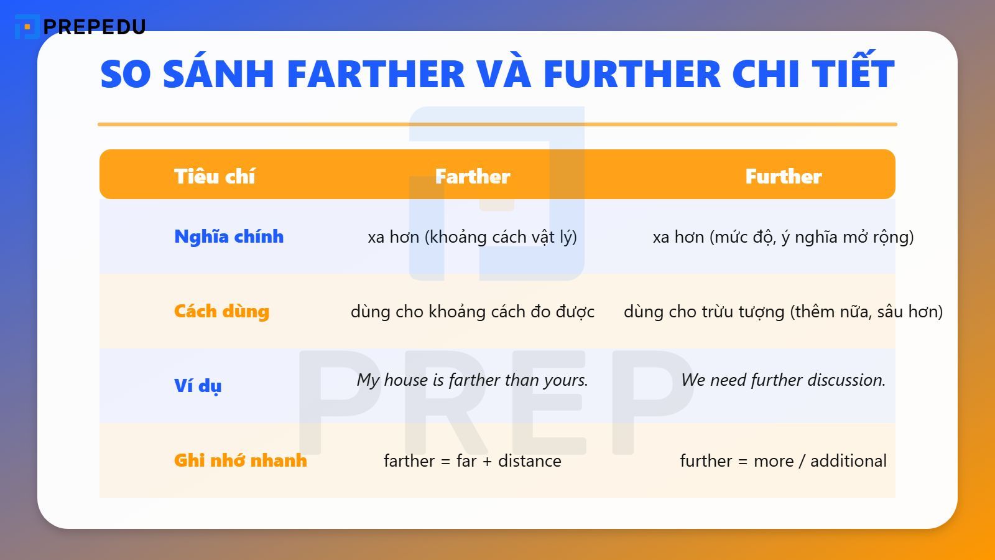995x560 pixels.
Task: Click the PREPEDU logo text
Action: coord(94,27)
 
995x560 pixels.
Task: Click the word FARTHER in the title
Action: coord(376,74)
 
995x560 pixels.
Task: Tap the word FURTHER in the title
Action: coord(632,74)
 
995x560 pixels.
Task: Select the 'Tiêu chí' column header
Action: coord(215,176)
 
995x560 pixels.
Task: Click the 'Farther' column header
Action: coord(473,176)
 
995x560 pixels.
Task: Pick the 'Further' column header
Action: coord(784,176)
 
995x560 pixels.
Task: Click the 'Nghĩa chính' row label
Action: coord(229,236)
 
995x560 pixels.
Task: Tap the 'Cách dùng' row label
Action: coord(221,311)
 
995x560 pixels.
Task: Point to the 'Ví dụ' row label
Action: coord(198,386)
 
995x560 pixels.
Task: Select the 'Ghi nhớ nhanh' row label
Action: coord(241,460)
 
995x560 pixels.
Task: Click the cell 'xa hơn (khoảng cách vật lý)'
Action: coord(473,237)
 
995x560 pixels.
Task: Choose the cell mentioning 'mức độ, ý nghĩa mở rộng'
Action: coord(784,237)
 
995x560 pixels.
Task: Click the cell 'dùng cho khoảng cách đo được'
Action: coord(473,311)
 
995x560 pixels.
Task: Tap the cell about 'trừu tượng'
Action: coord(784,311)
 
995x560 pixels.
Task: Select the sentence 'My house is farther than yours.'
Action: coord(473,380)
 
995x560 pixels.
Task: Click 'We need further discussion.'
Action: coord(784,380)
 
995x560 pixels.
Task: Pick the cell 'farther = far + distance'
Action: coord(473,461)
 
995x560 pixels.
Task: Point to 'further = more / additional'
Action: coord(784,461)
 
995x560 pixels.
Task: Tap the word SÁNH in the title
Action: coord(218,74)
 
